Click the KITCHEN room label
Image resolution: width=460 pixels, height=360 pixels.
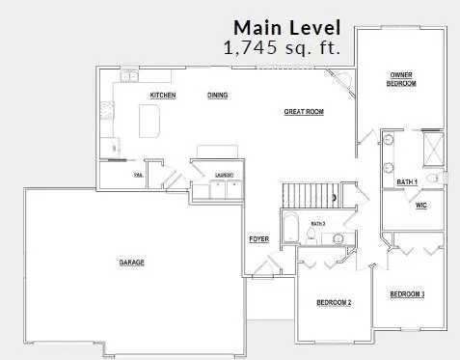[161, 95]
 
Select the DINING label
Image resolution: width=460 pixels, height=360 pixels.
[217, 95]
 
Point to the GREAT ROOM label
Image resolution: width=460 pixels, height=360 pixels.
[303, 112]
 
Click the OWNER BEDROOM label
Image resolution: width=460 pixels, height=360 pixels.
[402, 78]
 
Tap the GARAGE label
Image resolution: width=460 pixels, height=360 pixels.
[132, 263]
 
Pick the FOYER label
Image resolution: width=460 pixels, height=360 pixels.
[258, 238]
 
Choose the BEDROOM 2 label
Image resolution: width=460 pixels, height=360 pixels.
[334, 303]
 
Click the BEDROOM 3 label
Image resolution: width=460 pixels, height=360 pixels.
[407, 293]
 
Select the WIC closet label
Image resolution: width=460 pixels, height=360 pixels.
[420, 205]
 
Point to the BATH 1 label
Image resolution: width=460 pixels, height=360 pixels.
[406, 181]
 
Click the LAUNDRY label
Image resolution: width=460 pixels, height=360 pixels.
[227, 175]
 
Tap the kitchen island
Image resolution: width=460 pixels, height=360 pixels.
[150, 121]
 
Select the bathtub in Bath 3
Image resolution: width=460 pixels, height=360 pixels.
[290, 230]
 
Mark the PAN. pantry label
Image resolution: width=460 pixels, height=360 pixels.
[138, 175]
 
